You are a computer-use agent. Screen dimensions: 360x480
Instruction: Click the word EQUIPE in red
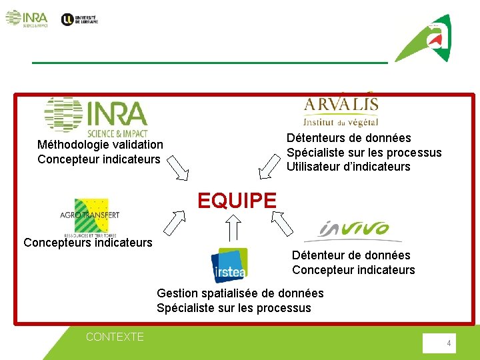coord(237,200)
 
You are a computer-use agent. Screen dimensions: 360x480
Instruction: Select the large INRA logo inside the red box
coord(96,117)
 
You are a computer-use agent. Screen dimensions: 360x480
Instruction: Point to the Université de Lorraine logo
coord(79,19)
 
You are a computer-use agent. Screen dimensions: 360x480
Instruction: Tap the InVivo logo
coord(353,231)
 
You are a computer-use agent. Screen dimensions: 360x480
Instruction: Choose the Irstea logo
coord(229,265)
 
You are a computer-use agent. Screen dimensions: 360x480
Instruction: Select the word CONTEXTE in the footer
coord(115,337)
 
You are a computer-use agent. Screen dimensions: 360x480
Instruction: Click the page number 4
coord(449,343)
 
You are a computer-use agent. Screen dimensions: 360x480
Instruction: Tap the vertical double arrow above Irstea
coord(233,229)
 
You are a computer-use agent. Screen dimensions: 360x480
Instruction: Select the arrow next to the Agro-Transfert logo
coord(175,221)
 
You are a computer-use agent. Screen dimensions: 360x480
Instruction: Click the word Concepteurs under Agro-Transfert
coord(54,243)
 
